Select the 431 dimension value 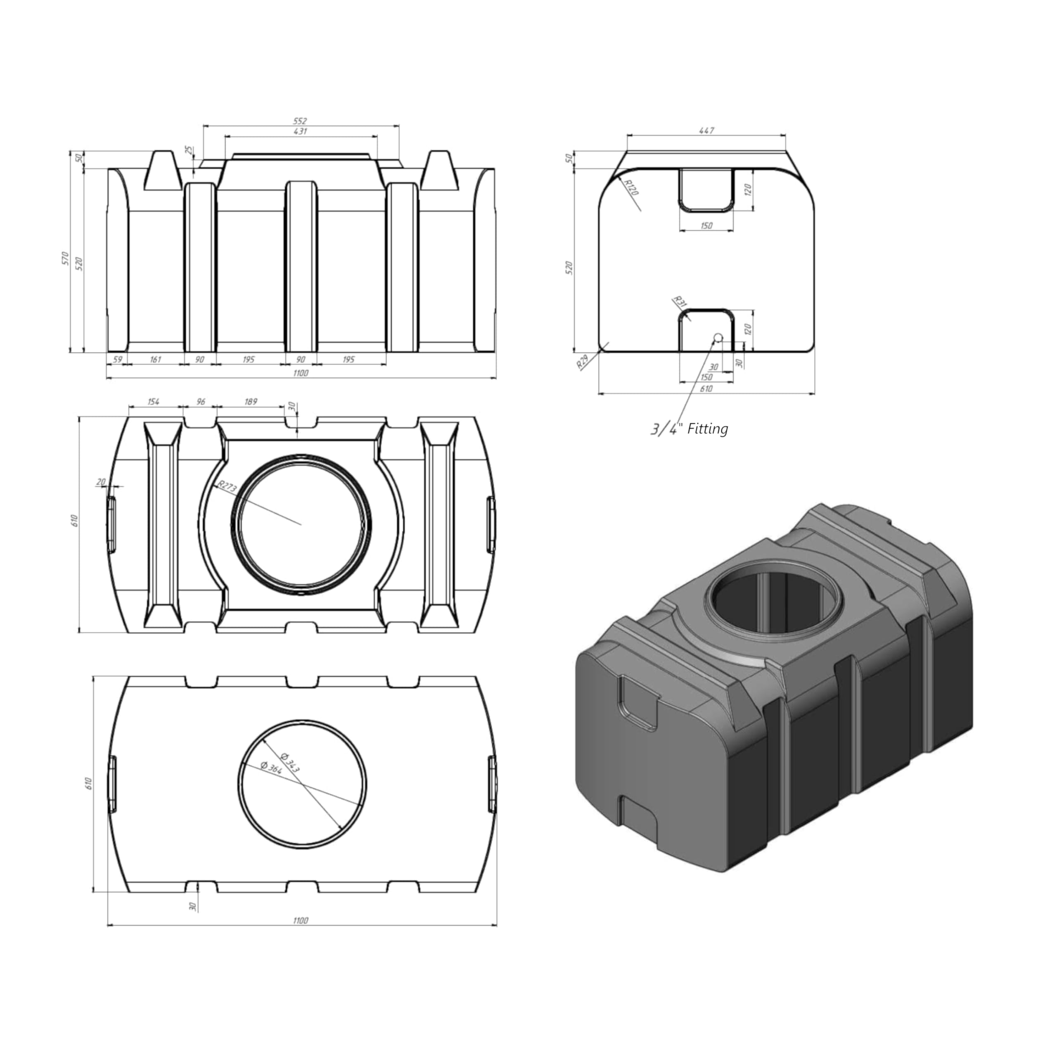(300, 131)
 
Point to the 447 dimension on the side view (706, 131)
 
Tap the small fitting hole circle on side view (718, 338)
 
